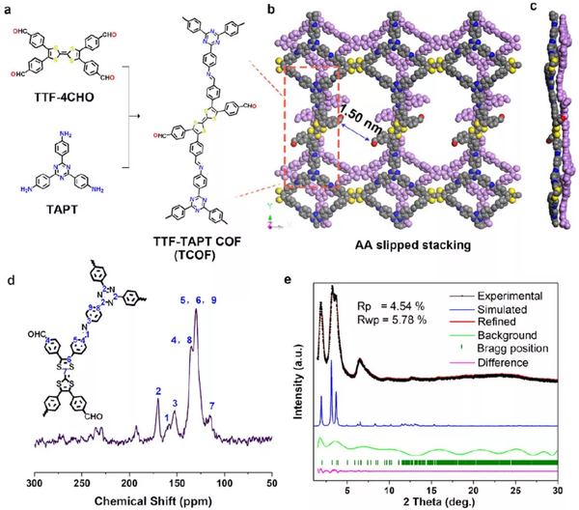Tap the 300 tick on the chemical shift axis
pyautogui.click(x=36, y=481)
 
